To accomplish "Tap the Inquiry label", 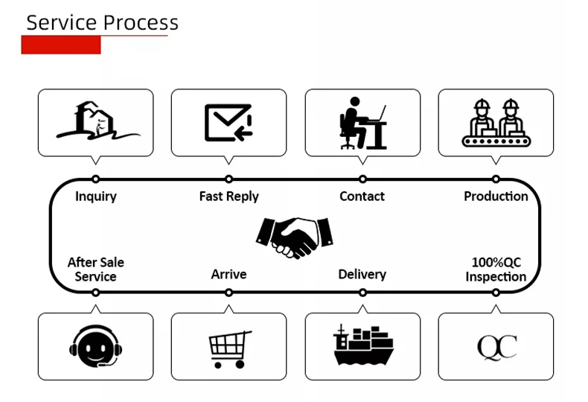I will (96, 197).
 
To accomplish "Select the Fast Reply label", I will (229, 197).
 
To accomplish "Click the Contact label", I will (362, 197).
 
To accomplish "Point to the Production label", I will (496, 197).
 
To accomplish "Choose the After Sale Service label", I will (96, 269).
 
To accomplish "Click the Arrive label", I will (229, 274).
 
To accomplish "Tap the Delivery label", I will (362, 274).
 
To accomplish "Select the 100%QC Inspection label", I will (496, 269).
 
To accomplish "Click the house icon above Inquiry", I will (97, 121).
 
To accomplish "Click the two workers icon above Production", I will (496, 121).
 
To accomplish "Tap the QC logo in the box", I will (496, 347).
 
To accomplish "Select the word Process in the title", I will (141, 22).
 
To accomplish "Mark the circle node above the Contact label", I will (362, 179).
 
